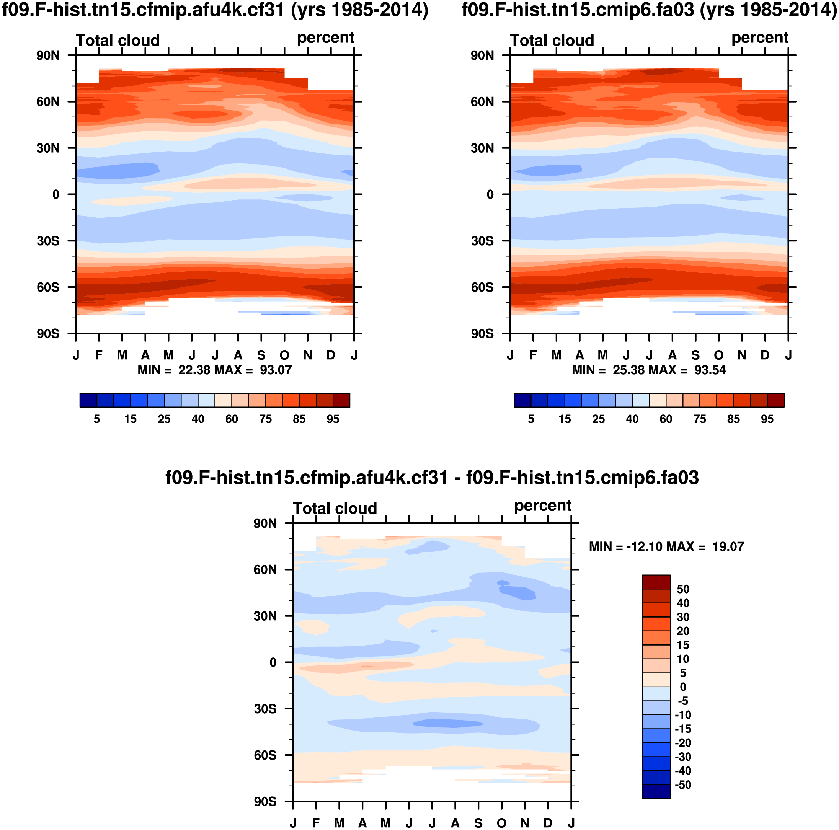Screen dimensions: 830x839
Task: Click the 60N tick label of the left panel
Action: [x=48, y=102]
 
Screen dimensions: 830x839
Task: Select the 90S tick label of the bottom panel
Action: [x=265, y=801]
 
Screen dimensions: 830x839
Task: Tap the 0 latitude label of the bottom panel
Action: [x=273, y=662]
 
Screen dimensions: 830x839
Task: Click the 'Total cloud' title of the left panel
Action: [x=118, y=41]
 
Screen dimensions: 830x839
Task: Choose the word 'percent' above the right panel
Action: [x=759, y=38]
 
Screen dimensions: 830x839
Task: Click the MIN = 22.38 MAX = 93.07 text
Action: [x=214, y=370]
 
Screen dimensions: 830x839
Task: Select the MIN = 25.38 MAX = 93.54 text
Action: [x=649, y=370]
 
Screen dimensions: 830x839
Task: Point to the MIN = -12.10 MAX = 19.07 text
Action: [x=666, y=546]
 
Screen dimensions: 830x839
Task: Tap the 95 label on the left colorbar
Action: [x=333, y=419]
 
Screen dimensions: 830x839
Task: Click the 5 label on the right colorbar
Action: [x=530, y=419]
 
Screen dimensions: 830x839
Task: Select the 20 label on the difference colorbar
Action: [x=683, y=631]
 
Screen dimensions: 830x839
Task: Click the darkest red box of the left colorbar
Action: [x=341, y=400]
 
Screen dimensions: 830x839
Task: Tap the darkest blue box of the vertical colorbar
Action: [x=656, y=791]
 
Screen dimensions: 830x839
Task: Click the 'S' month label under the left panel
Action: [x=261, y=355]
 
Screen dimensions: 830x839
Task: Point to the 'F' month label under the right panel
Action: [x=533, y=355]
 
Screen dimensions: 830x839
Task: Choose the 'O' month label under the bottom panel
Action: [x=501, y=823]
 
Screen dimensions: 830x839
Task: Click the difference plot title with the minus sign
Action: [x=432, y=478]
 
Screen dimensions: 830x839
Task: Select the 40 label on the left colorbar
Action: [x=198, y=419]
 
